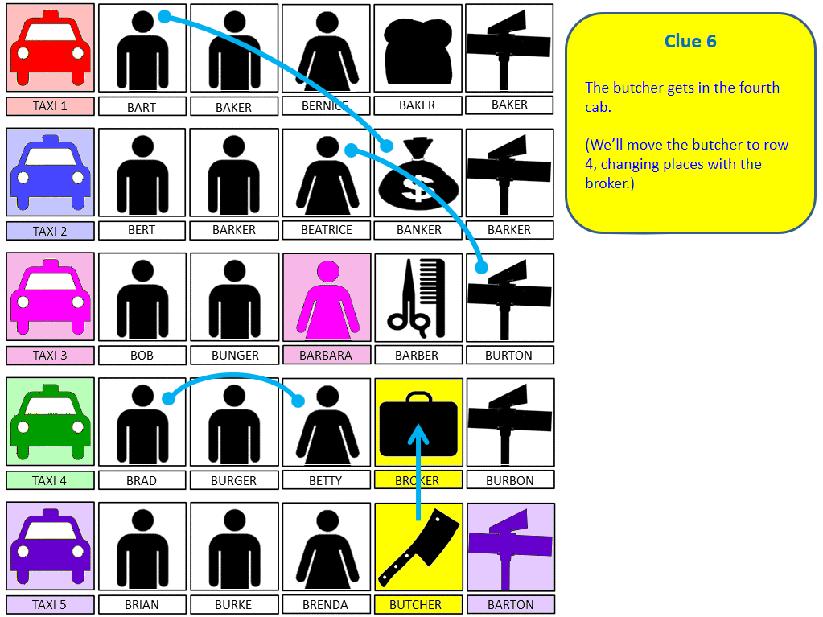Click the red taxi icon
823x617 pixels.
pos(51,48)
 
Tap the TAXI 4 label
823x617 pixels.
pos(50,480)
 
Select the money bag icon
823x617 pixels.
pos(418,172)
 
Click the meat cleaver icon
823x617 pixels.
pos(419,547)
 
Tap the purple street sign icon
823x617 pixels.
pos(510,548)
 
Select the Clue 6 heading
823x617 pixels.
pos(690,41)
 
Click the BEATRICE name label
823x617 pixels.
pos(327,230)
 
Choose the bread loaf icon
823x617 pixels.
pos(418,51)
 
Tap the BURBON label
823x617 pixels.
pos(510,480)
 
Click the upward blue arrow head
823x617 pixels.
pos(418,434)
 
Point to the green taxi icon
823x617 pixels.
pos(51,422)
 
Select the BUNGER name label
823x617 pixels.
pos(235,356)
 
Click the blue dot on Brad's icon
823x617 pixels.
pos(168,399)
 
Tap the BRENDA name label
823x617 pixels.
pos(326,604)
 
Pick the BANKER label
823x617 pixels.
pos(418,230)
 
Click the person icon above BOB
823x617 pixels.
pos(142,298)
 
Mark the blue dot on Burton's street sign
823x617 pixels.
pos(481,268)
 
